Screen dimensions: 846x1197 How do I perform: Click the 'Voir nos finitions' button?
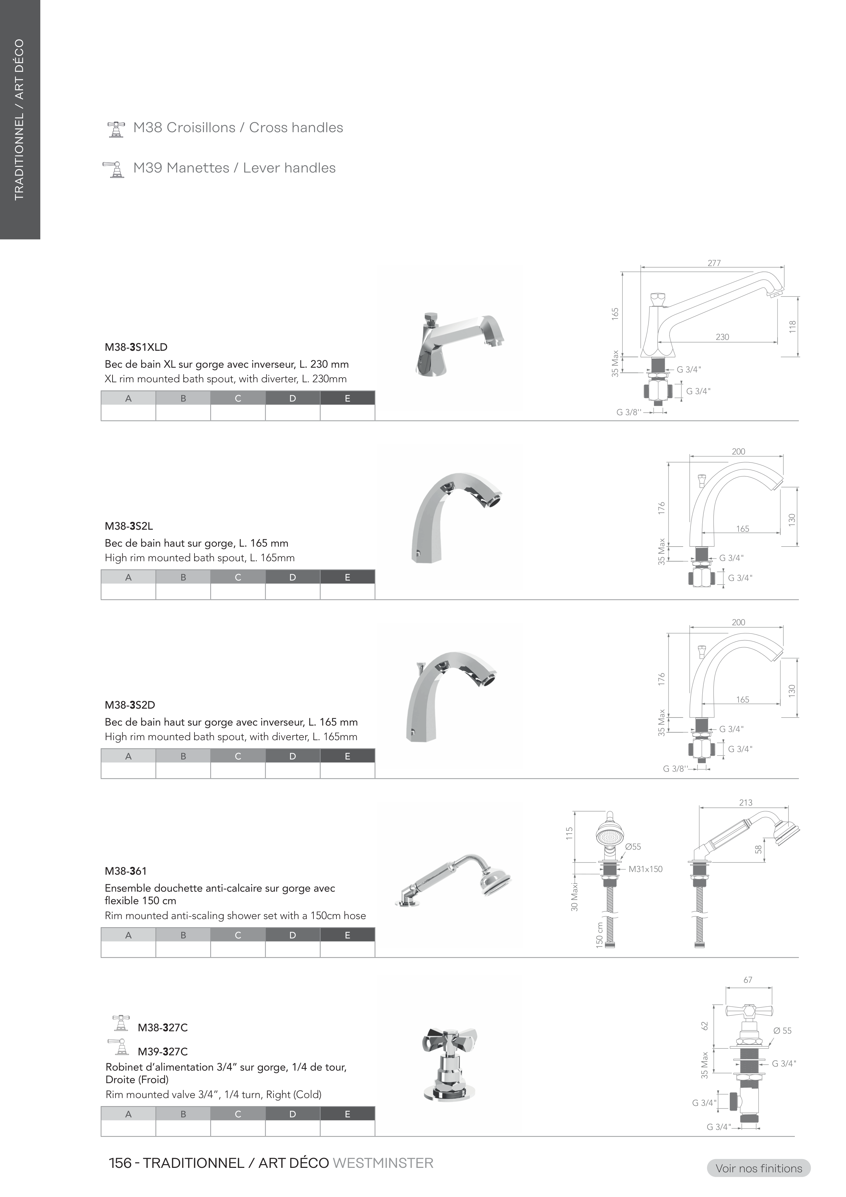point(759,1168)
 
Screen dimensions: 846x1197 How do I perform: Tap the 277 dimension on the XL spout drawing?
point(714,263)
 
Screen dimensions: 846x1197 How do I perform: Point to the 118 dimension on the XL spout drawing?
point(792,327)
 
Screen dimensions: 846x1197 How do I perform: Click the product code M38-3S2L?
point(129,526)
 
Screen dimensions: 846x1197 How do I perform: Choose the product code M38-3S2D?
point(130,705)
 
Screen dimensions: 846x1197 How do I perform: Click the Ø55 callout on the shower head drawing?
point(633,847)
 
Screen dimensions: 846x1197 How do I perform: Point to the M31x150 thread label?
point(645,869)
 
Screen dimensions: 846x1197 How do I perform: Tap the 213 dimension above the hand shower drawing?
point(745,803)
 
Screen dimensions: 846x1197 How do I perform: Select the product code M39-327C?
point(163,1052)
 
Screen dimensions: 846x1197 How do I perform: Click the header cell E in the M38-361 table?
point(347,935)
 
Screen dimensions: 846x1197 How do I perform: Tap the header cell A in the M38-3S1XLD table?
point(128,398)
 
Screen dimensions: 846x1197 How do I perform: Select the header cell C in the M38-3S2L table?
point(238,577)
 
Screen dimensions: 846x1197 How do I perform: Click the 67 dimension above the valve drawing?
point(748,980)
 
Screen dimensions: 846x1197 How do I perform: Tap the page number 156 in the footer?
point(120,1163)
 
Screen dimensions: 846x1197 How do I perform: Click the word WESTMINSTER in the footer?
point(383,1163)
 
